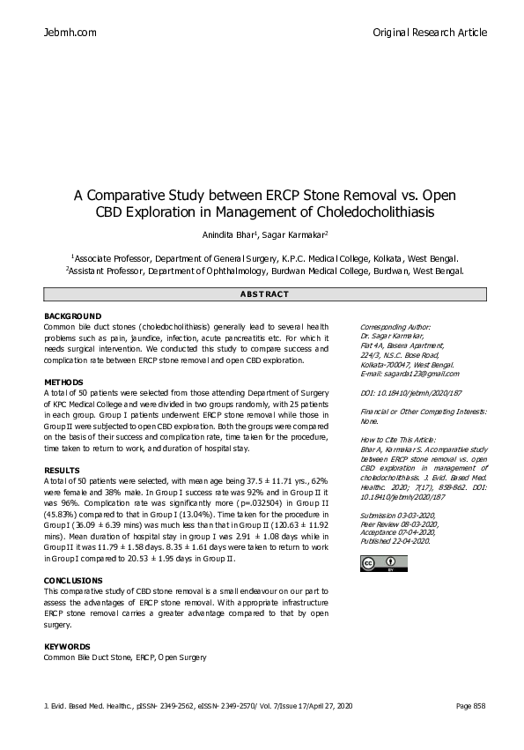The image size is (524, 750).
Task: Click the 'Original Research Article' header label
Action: tap(430, 33)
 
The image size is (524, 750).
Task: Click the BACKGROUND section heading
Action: tap(72, 316)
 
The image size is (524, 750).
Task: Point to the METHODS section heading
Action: tap(63, 382)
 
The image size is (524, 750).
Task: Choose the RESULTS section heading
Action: tap(62, 471)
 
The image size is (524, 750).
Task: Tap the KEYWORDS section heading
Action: tap(67, 646)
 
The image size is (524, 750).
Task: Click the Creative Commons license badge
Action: tap(372, 540)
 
